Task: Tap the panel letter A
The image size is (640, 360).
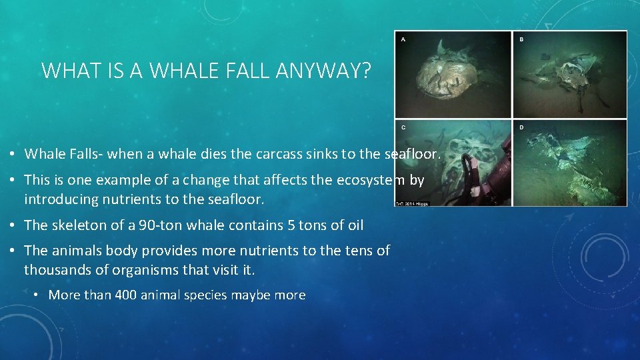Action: pyautogui.click(x=403, y=39)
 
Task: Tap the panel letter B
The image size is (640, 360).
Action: pyautogui.click(x=521, y=39)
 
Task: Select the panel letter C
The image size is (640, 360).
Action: pyautogui.click(x=403, y=127)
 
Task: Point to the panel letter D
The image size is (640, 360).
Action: pyautogui.click(x=521, y=127)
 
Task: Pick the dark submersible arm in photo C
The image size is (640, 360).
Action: pyautogui.click(x=490, y=180)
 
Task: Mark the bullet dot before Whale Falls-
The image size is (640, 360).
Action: pyautogui.click(x=13, y=155)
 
